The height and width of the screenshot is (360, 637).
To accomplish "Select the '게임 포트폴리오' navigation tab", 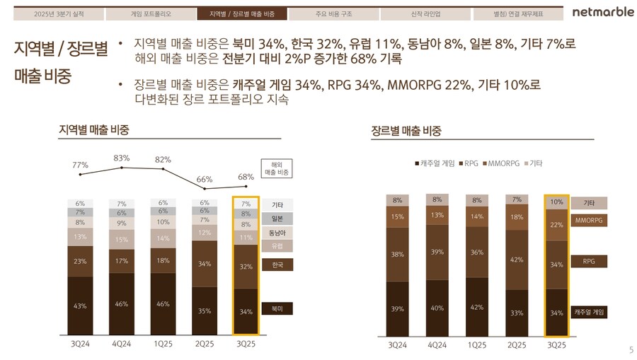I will pyautogui.click(x=150, y=13).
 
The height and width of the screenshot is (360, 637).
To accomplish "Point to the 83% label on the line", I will pyautogui.click(x=122, y=158).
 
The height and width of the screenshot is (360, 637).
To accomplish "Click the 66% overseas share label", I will pyautogui.click(x=205, y=180).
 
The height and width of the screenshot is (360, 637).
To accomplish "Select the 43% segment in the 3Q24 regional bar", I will pyautogui.click(x=81, y=306).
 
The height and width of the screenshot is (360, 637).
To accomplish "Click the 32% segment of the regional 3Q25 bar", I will pyautogui.click(x=246, y=267).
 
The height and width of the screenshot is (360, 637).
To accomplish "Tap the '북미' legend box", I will pyautogui.click(x=277, y=309).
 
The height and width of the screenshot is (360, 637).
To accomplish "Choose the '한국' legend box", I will pyautogui.click(x=277, y=265).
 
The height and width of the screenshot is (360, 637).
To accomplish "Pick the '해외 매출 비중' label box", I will pyautogui.click(x=277, y=168).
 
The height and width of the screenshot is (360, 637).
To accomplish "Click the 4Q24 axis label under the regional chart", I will pyautogui.click(x=122, y=344).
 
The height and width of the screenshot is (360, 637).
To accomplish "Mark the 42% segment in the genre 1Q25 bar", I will pyautogui.click(x=477, y=307).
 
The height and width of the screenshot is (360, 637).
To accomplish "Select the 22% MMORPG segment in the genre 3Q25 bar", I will pyautogui.click(x=556, y=225).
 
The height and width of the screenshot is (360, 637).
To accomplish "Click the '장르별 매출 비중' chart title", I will pyautogui.click(x=406, y=131).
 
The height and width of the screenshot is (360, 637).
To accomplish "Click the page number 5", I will pyautogui.click(x=631, y=350).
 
